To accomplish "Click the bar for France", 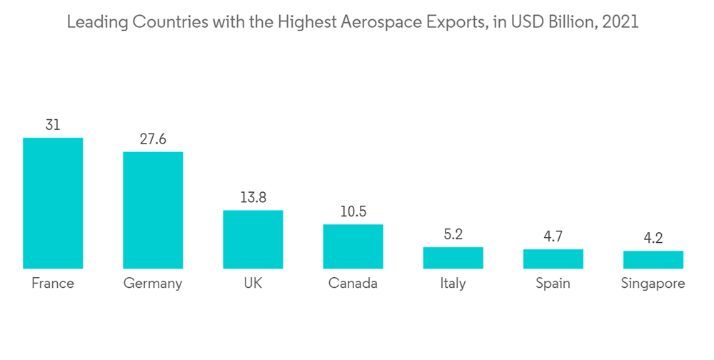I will (53, 203).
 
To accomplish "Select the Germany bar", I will (153, 210).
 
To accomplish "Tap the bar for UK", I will (253, 239).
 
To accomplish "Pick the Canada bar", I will (353, 246).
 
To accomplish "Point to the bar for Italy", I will (453, 258).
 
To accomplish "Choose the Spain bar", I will (553, 259).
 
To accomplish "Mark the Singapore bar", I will (653, 259).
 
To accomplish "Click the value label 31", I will (53, 125).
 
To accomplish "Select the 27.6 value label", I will (153, 139).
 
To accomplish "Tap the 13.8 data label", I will (253, 198).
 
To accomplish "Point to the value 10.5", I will (353, 212).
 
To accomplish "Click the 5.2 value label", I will (453, 234).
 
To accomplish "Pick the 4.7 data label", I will (553, 236).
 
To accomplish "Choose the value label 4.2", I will (653, 239).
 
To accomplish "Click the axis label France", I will (53, 284).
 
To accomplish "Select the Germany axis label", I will (153, 284).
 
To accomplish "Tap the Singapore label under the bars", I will (653, 284).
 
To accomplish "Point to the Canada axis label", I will (353, 284).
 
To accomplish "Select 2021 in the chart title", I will (620, 22).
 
